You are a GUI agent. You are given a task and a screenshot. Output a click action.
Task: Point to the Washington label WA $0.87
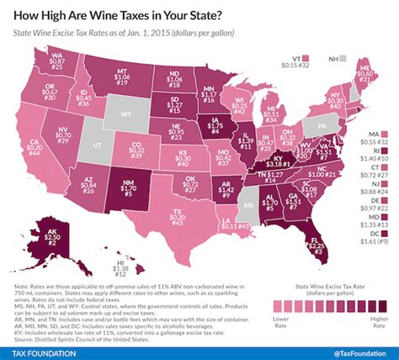click(x=57, y=61)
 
